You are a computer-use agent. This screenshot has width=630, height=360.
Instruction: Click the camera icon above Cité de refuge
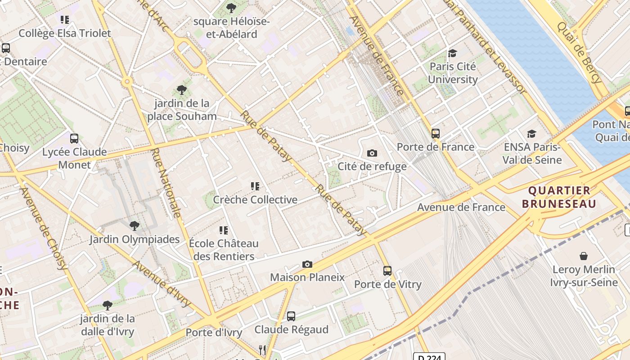(372, 153)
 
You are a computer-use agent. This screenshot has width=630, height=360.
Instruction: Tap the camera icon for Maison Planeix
(307, 264)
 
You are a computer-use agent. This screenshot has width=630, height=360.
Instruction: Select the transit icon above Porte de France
(435, 133)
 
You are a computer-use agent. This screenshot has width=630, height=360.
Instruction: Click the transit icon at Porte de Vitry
(387, 271)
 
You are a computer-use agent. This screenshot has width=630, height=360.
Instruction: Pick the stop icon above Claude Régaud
(291, 316)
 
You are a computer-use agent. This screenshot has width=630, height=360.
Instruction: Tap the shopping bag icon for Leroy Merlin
(583, 256)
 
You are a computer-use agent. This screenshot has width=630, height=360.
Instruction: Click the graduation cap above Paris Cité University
(452, 54)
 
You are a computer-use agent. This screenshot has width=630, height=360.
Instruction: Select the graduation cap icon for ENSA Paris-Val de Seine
(531, 134)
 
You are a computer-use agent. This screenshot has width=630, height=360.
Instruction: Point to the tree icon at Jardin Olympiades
(134, 225)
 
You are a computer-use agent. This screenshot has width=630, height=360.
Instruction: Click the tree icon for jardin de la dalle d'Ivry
(107, 306)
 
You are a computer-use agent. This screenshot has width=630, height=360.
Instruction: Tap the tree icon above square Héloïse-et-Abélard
(231, 8)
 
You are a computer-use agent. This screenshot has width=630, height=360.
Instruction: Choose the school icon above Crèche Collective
(255, 186)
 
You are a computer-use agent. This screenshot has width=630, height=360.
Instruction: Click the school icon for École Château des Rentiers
(224, 230)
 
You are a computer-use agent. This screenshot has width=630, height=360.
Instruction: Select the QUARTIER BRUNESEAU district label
(559, 197)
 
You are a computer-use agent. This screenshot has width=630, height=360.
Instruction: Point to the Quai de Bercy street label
(579, 53)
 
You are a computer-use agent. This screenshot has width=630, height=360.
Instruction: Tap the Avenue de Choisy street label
(44, 228)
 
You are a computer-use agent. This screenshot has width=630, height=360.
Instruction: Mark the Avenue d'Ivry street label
(162, 283)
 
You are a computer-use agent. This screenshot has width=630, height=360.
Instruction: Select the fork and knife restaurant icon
(262, 350)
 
